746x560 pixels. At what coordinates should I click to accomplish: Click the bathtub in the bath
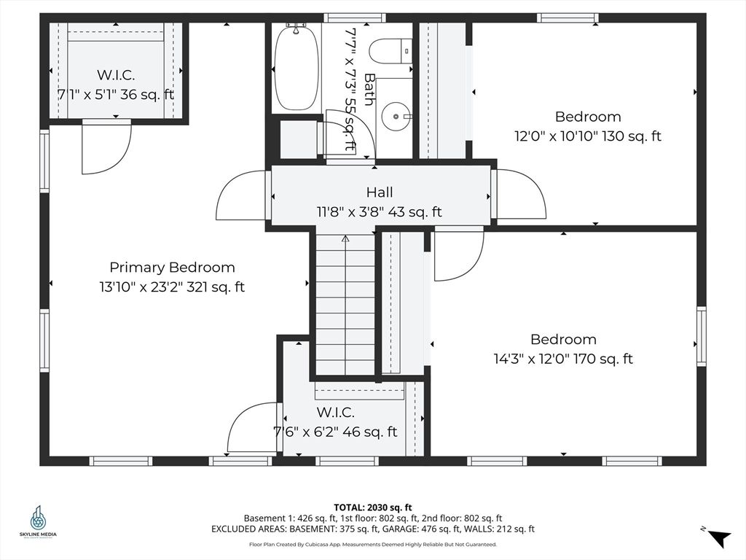pyautogui.click(x=297, y=68)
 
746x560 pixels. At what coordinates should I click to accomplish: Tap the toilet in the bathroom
pyautogui.click(x=391, y=52)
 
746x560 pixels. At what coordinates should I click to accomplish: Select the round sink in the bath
pyautogui.click(x=396, y=116)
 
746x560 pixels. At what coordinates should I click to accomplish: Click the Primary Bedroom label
pyautogui.click(x=172, y=267)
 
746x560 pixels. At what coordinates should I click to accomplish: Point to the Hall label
pyautogui.click(x=380, y=192)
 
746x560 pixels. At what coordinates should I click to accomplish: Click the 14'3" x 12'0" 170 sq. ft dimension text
pyautogui.click(x=563, y=359)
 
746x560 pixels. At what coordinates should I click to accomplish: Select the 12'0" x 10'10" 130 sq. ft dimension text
pyautogui.click(x=588, y=136)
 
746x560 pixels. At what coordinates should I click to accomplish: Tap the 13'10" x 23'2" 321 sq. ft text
pyautogui.click(x=172, y=287)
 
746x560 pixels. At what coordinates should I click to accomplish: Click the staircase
pyautogui.click(x=346, y=306)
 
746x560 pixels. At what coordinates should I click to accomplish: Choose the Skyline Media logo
pyautogui.click(x=38, y=522)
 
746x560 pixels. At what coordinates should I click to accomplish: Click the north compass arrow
pyautogui.click(x=719, y=537)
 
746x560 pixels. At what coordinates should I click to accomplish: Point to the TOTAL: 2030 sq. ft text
pyautogui.click(x=373, y=507)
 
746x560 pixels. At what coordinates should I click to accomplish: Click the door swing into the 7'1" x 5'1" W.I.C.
pyautogui.click(x=106, y=147)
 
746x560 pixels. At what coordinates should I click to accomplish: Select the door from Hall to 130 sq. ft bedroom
pyautogui.click(x=519, y=194)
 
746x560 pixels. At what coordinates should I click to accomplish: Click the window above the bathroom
pyautogui.click(x=355, y=17)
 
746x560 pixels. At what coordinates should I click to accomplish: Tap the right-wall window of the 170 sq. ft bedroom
pyautogui.click(x=702, y=336)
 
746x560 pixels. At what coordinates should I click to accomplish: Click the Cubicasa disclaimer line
pyautogui.click(x=373, y=544)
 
